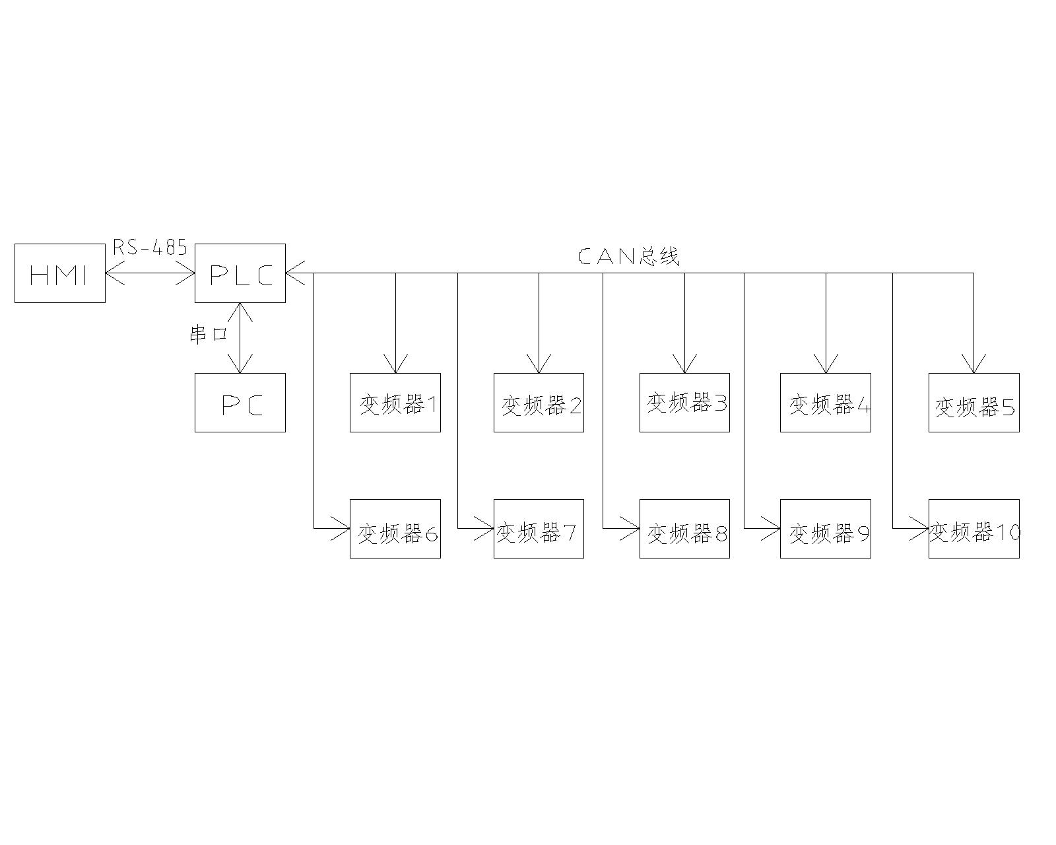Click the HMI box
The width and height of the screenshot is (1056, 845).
click(x=60, y=273)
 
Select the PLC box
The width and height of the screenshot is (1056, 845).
click(x=240, y=273)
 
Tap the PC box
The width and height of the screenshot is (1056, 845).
click(x=240, y=403)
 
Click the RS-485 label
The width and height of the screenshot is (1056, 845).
click(x=150, y=248)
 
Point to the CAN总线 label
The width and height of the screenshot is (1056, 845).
click(x=628, y=256)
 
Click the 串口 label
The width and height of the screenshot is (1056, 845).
click(x=208, y=334)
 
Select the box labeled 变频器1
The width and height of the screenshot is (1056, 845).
click(x=395, y=403)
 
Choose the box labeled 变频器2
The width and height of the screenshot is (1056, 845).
click(x=539, y=403)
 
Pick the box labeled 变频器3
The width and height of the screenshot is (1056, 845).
click(x=684, y=403)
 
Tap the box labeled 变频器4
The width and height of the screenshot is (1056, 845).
click(x=826, y=403)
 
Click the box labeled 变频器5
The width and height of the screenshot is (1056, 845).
click(x=974, y=403)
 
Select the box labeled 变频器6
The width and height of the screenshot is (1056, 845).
click(x=395, y=529)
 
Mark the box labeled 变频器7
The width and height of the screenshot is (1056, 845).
click(x=539, y=529)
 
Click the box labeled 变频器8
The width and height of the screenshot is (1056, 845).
click(x=684, y=529)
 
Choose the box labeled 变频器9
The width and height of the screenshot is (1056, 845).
click(x=826, y=529)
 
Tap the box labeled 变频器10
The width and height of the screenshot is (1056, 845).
click(x=974, y=529)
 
